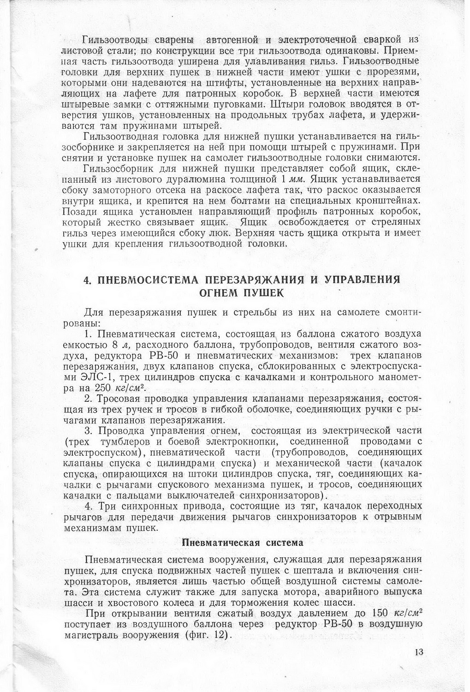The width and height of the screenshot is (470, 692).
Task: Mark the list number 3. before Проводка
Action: pyautogui.click(x=89, y=431)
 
